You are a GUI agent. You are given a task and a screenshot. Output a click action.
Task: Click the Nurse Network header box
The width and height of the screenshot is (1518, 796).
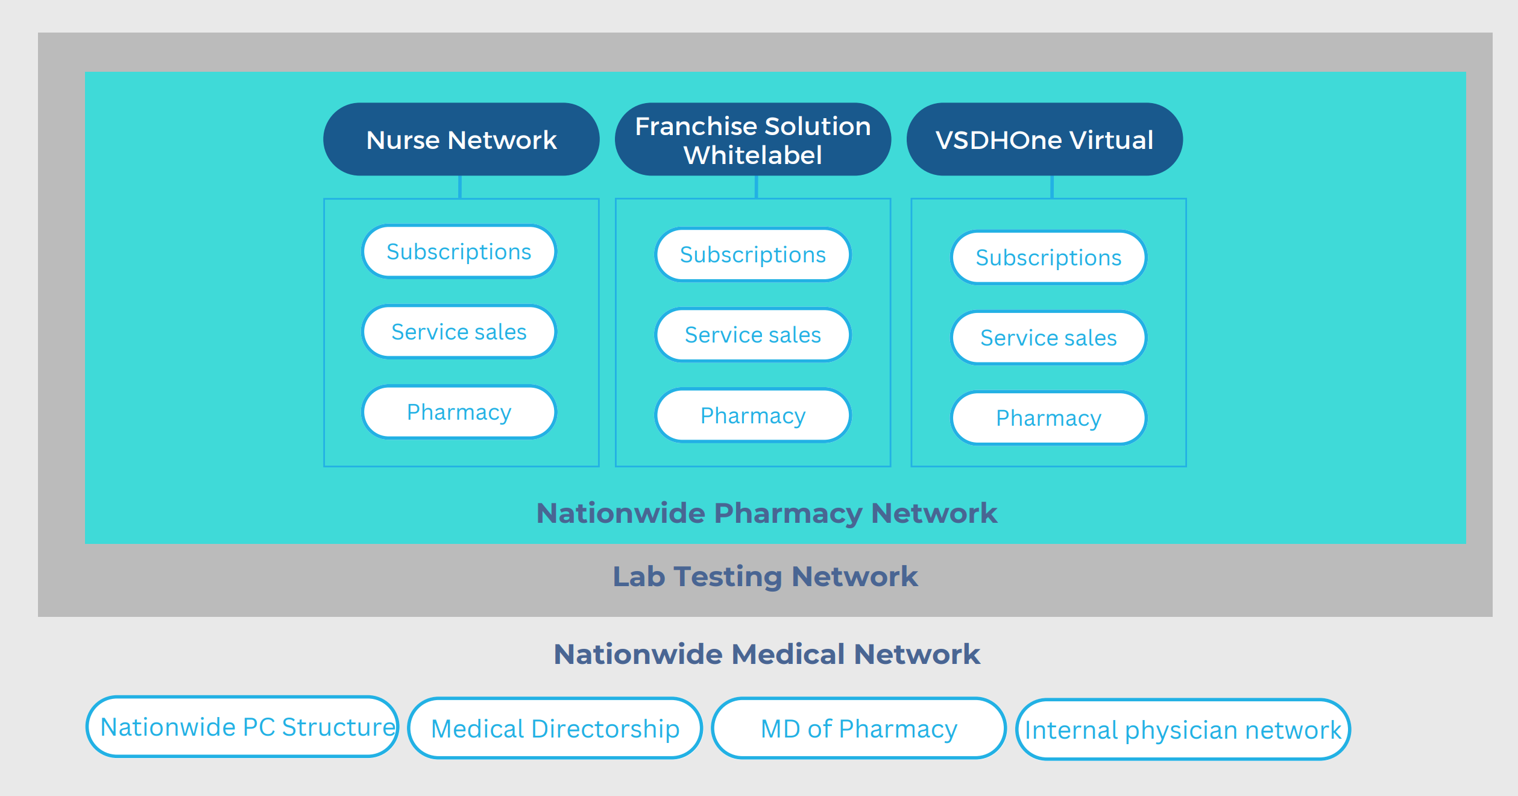click(461, 139)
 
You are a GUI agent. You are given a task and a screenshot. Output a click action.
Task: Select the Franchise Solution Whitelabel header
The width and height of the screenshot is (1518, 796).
click(752, 139)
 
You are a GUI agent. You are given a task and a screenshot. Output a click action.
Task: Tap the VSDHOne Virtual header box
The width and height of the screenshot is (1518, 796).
click(1044, 139)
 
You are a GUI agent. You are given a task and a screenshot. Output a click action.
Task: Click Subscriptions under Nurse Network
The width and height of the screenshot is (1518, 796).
click(459, 251)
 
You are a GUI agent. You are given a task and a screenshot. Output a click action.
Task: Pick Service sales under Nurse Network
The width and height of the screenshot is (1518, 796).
click(459, 332)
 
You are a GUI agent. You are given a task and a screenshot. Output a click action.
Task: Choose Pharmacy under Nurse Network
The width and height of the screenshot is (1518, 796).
click(459, 412)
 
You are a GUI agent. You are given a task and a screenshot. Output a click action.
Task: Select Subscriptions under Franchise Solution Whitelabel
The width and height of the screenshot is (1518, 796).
click(752, 254)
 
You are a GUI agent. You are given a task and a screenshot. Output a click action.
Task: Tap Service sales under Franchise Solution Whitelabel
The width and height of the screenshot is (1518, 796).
click(752, 335)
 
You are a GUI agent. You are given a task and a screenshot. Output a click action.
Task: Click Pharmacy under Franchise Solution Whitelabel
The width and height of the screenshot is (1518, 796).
click(752, 415)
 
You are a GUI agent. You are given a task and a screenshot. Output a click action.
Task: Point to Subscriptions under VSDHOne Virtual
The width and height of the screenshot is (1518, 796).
click(1048, 257)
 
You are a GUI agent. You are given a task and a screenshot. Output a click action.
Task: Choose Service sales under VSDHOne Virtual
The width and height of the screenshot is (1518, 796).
click(1048, 338)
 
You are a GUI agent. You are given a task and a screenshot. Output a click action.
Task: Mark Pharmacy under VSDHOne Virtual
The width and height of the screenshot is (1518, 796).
click(1048, 418)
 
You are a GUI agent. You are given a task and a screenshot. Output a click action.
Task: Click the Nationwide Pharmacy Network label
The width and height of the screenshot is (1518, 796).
click(766, 513)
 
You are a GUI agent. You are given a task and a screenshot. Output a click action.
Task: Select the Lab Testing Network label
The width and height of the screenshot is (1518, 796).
click(765, 576)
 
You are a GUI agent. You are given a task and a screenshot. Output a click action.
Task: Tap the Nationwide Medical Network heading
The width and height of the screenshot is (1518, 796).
click(766, 654)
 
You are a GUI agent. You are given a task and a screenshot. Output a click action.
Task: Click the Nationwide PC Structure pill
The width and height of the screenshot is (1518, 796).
click(242, 727)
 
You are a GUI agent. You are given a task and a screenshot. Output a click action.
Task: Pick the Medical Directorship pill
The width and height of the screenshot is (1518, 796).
click(555, 728)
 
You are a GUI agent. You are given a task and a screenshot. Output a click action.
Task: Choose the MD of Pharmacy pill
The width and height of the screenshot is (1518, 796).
click(858, 728)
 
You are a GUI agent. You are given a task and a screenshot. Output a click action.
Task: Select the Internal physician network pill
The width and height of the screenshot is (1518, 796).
click(1183, 730)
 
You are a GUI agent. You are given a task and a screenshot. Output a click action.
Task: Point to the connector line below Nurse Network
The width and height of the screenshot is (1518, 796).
click(460, 187)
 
